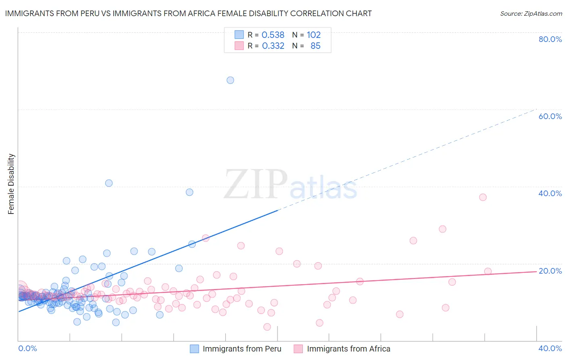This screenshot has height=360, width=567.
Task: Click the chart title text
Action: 188,14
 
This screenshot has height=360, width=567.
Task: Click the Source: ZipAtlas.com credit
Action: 531,14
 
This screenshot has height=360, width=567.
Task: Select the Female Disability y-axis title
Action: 11,184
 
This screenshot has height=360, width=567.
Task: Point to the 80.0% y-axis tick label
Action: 550,39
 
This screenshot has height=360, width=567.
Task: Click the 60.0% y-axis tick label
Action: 550,116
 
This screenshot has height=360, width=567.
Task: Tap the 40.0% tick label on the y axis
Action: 550,193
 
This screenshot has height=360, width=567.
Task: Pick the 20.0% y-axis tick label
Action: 550,271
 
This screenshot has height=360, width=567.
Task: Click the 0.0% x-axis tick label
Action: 28,348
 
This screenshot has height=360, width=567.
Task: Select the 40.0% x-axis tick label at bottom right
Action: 550,348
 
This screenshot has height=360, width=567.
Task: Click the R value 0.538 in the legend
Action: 273,35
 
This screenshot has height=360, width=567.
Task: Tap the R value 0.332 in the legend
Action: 273,46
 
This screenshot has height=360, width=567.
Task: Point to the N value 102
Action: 314,35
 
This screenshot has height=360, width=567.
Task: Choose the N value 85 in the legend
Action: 315,46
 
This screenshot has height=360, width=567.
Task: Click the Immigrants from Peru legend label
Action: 242,349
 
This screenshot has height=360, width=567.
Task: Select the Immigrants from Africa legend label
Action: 348,349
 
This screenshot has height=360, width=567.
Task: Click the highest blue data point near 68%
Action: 230,80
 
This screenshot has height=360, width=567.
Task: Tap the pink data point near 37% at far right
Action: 483,197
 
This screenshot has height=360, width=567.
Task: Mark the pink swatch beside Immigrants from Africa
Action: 298,349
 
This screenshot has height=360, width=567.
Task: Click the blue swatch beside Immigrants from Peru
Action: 194,349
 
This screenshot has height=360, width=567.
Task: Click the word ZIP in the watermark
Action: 256,184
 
